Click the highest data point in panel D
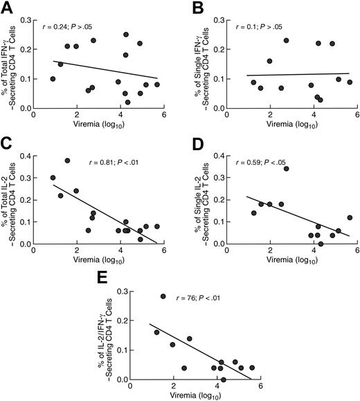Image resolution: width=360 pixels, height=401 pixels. (286, 168)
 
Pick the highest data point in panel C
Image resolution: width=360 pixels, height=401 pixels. (67, 161)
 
